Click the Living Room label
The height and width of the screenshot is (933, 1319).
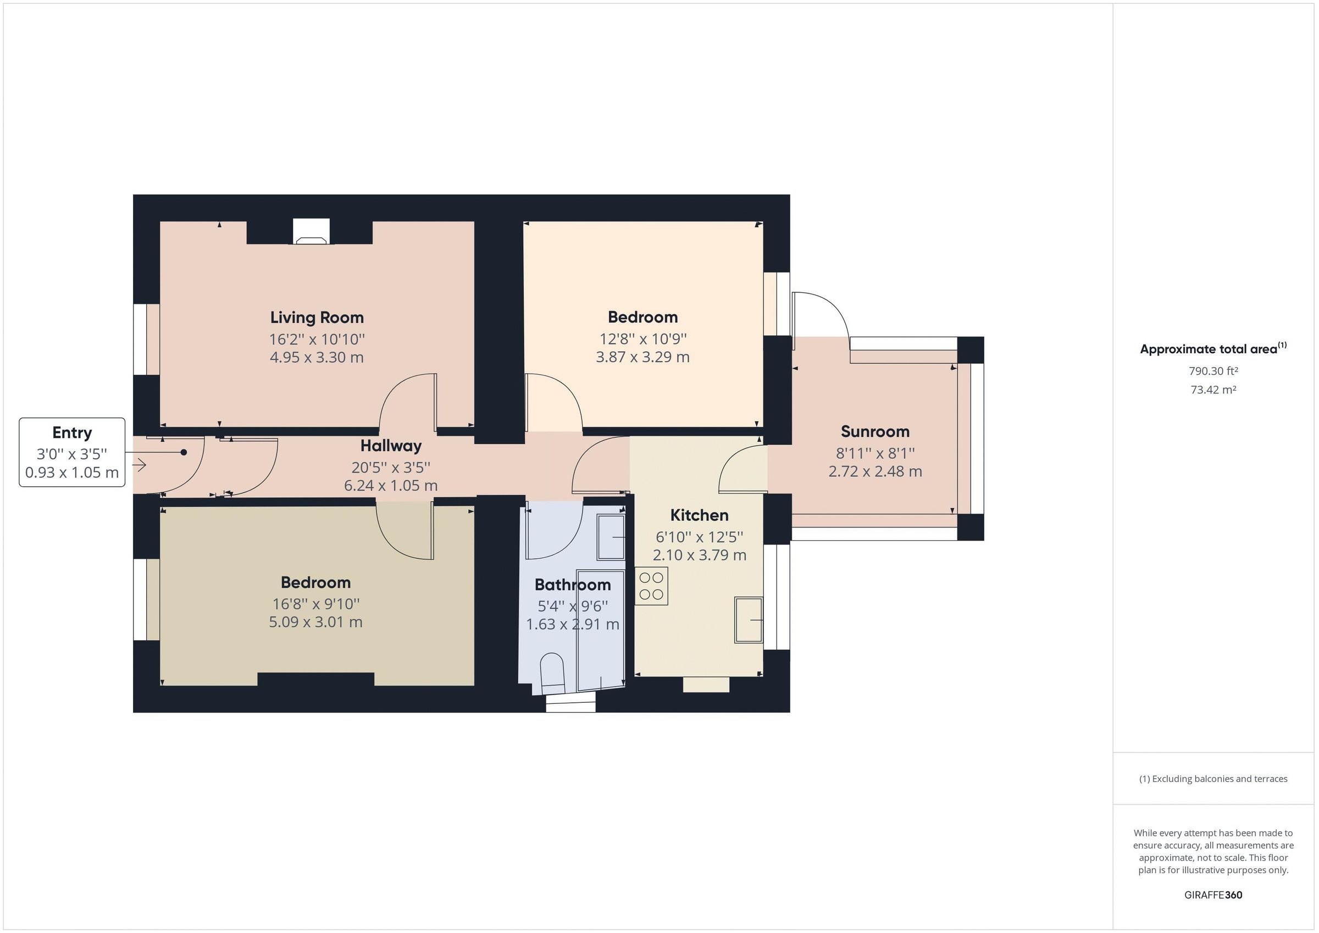(317, 317)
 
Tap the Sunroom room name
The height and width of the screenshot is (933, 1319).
(874, 431)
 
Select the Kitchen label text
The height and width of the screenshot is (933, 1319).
(699, 515)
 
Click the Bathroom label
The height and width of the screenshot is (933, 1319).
(572, 585)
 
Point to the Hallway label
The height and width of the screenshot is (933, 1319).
(391, 446)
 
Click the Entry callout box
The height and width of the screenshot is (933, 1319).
(72, 452)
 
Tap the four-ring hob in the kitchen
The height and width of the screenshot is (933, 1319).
(651, 586)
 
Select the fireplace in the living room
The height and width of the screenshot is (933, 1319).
(312, 232)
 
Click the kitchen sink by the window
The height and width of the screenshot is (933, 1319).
(748, 620)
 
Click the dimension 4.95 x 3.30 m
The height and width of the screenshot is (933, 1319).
(317, 357)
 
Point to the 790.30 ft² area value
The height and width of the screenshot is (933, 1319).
(1213, 371)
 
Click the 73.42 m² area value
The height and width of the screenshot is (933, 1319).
(1213, 390)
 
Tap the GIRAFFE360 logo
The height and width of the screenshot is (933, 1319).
(1213, 895)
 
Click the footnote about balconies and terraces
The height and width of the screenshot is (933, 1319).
(1213, 779)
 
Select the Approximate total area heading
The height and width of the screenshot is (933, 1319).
(1213, 349)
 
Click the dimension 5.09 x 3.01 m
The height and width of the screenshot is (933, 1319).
(315, 622)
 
